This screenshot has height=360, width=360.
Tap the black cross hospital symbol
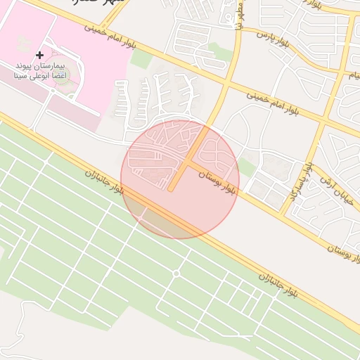39,54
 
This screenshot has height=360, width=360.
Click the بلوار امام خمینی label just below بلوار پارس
276,101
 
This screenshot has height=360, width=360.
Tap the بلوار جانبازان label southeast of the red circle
279,284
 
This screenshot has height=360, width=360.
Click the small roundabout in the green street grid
176,274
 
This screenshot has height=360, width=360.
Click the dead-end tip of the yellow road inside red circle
170,189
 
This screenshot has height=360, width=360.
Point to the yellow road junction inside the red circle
186,163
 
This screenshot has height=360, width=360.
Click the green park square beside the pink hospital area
141,58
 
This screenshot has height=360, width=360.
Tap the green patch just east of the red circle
246,167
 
